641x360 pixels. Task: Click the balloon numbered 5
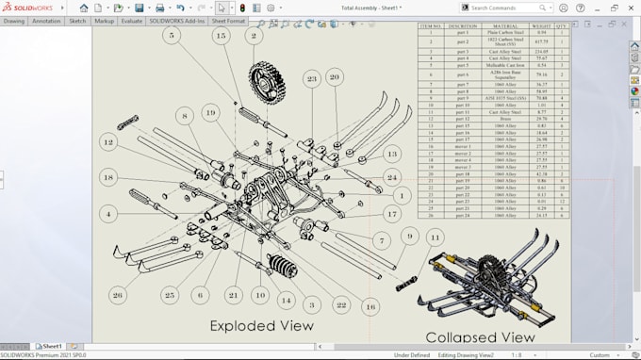click(x=171, y=36)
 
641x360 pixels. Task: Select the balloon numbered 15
click(x=221, y=36)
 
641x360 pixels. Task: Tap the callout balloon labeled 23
click(x=311, y=79)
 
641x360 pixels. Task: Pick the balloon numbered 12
click(x=109, y=142)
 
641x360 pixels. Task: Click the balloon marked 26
click(x=117, y=295)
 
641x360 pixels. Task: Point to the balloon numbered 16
click(x=370, y=306)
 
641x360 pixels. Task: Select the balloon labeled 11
click(x=434, y=237)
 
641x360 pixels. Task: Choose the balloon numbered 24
click(x=392, y=177)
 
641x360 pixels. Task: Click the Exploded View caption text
click(x=261, y=326)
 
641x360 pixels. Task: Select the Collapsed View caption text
click(x=480, y=336)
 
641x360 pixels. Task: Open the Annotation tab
click(x=46, y=20)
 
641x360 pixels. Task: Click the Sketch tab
click(x=77, y=20)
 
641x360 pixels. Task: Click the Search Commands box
click(x=509, y=8)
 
